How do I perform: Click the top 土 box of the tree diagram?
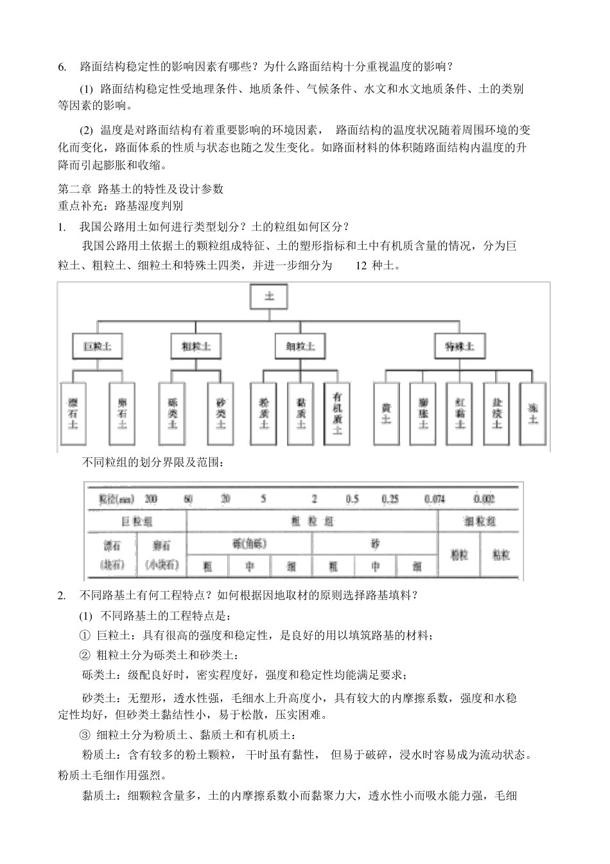pos(270,297)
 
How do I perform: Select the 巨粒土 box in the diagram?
pos(98,347)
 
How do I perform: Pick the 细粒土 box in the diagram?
pos(300,347)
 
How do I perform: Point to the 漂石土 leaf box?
pos(73,414)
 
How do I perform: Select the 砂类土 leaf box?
pos(221,414)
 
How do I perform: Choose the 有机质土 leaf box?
pos(338,414)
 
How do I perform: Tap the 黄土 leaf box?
pos(387,414)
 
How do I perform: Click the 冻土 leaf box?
pos(533,414)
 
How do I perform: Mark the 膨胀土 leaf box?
pos(423,414)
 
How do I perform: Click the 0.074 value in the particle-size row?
pos(435,499)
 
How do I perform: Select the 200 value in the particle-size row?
pos(151,499)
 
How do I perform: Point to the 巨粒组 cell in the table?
pos(137,522)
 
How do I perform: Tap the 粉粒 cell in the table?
pos(459,555)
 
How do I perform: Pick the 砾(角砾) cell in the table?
pos(249,543)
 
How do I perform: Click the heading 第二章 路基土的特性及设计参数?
pos(141,189)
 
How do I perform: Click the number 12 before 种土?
pos(361,265)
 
